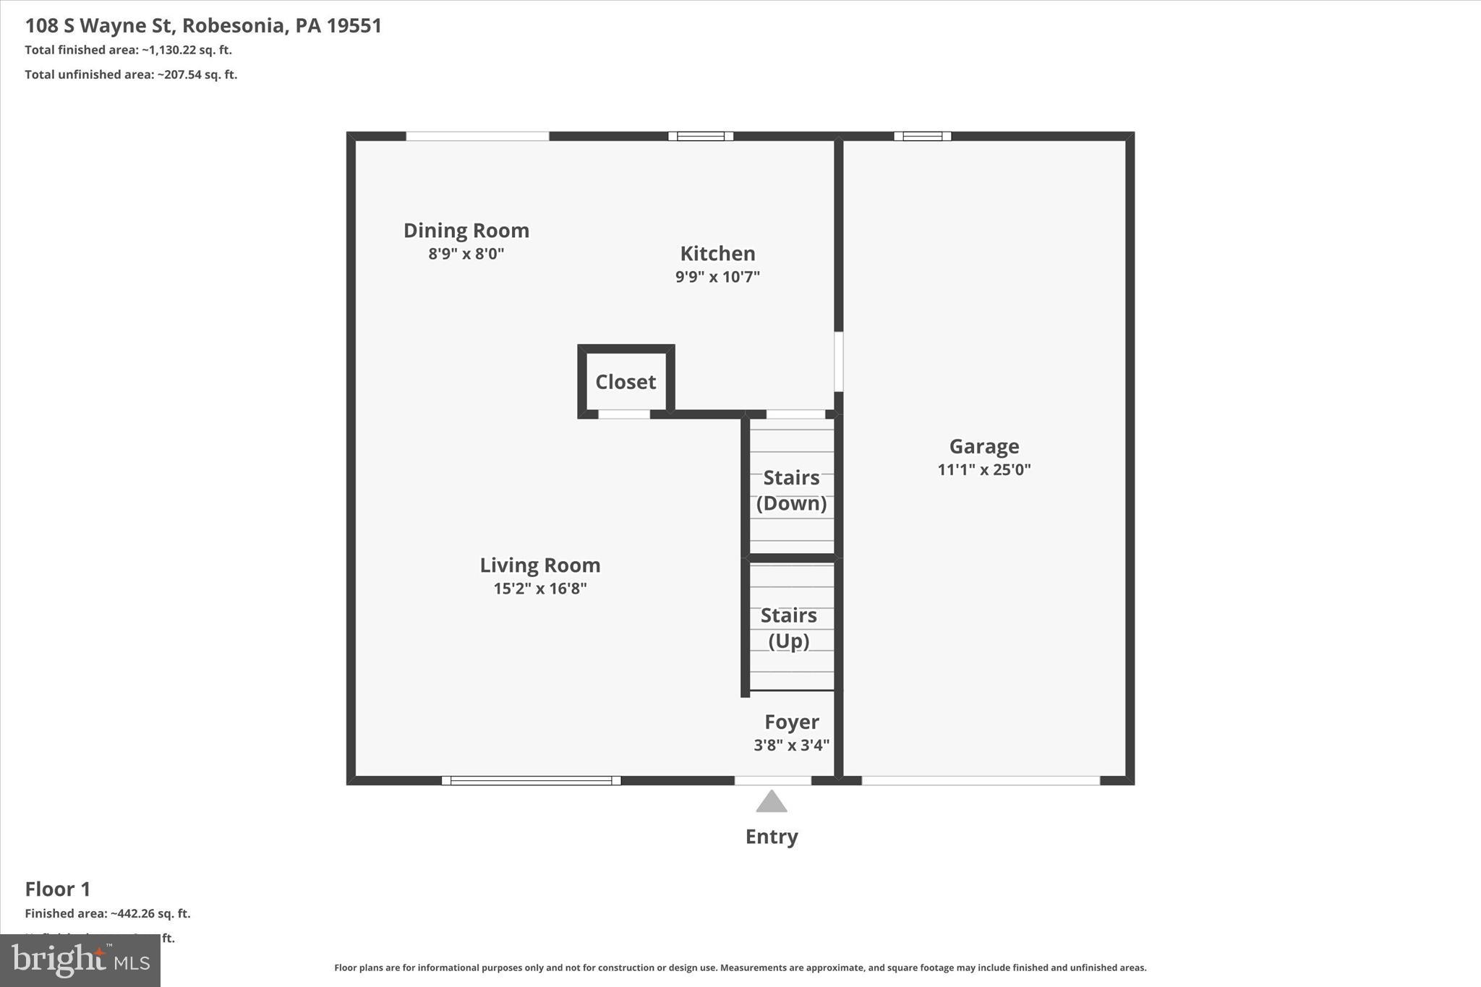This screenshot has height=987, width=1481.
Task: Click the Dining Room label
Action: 466,231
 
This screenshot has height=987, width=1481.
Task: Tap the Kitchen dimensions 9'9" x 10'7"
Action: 717,277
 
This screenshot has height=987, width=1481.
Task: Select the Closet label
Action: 626,382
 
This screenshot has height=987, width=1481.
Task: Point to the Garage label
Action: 983,446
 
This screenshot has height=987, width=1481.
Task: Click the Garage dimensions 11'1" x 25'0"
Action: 983,469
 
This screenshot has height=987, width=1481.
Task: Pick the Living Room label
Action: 539,565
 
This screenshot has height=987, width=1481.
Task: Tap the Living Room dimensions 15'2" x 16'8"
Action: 539,589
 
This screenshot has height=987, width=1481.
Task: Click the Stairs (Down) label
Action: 791,490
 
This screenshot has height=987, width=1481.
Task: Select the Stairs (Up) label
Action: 788,628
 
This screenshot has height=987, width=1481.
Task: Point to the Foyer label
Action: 791,722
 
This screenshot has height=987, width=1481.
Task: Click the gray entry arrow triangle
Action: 772,802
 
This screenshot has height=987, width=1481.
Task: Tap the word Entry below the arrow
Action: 772,837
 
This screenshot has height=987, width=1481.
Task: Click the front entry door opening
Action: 772,780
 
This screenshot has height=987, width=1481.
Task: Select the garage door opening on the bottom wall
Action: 981,780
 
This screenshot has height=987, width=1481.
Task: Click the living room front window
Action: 531,780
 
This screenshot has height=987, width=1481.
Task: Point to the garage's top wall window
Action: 922,136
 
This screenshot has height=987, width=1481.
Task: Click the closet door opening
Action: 623,414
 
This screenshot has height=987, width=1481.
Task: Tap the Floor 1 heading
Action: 58,889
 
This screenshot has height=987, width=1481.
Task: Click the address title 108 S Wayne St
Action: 203,25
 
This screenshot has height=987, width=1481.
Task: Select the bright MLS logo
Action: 80,960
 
